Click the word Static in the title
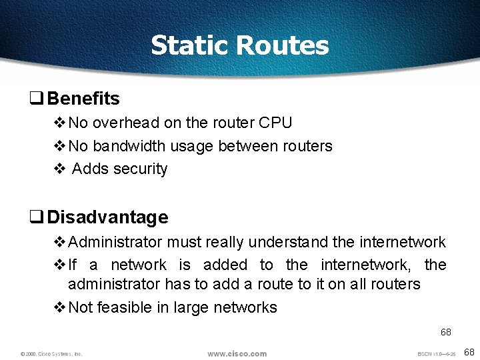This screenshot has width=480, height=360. click(191, 45)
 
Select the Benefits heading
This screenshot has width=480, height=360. click(83, 99)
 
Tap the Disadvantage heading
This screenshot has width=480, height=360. click(107, 217)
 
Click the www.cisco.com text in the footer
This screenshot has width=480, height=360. click(237, 353)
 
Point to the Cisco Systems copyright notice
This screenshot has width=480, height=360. click(51, 354)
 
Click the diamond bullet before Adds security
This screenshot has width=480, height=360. click(59, 169)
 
